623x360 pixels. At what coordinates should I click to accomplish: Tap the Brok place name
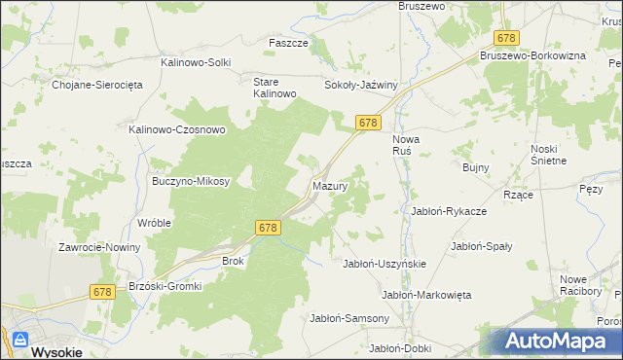[233, 261]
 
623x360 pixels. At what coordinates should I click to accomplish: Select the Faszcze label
[288, 43]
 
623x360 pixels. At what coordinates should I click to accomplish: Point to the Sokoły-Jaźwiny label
[362, 85]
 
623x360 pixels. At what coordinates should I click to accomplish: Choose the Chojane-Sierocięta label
[97, 85]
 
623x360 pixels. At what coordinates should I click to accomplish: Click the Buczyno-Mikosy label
[191, 181]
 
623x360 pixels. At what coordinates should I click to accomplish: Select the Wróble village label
[154, 222]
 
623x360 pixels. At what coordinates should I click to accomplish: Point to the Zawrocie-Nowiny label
[99, 247]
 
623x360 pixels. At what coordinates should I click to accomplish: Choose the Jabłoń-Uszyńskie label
[385, 264]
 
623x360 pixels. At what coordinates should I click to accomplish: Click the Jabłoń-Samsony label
[349, 318]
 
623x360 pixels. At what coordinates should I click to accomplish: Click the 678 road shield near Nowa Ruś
[367, 123]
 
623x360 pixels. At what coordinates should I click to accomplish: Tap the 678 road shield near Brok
[270, 227]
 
